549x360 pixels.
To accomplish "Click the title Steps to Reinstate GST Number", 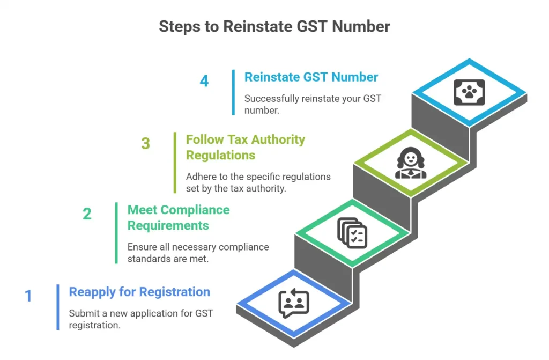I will coord(274,26).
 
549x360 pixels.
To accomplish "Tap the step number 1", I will coord(28,296).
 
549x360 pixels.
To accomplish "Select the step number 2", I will coord(87,214).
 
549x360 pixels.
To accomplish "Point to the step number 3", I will coord(145,144).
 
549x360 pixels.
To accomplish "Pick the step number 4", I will coord(204,81).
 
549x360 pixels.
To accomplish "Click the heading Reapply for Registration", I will coord(139,292).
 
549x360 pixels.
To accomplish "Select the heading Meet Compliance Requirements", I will coord(178,217).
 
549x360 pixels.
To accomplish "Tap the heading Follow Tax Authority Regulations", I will coord(245,147).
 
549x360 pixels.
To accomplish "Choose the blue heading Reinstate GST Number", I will coord(311,77).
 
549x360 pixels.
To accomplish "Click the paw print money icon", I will coord(469,92).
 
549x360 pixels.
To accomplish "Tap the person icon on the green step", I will coord(411,163).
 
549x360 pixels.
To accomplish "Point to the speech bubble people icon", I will coord(294,303).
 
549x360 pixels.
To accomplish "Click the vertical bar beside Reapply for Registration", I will coord(58,307).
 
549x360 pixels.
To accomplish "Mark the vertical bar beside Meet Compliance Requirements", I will coord(116,233).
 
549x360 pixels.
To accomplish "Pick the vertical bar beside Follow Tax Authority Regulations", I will coord(175,162).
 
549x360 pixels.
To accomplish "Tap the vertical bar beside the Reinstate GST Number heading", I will coord(233,92).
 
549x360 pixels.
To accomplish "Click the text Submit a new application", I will coord(141,313).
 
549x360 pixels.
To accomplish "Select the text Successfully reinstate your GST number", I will coord(312,104).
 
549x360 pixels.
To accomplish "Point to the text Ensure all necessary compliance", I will coord(198,247).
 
